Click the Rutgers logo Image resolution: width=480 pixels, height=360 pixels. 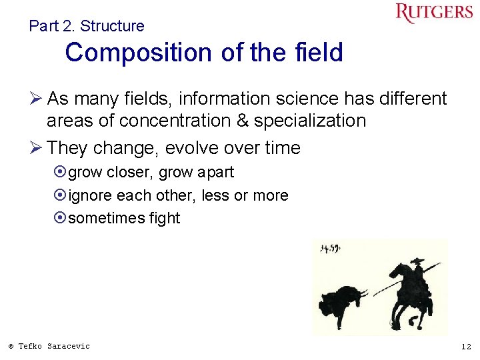coord(434,13)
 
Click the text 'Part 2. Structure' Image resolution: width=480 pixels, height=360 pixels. coord(87,26)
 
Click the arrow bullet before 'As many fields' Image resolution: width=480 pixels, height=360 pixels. coord(37,99)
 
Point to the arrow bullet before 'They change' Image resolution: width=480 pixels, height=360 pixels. coord(37,148)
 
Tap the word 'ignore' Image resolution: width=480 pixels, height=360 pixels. coord(91,196)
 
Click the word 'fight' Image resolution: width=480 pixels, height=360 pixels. coord(165,219)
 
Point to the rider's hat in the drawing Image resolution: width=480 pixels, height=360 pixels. coord(417,261)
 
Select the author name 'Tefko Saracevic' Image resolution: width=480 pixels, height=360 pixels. coord(53,346)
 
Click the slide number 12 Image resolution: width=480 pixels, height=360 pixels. coord(466,347)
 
